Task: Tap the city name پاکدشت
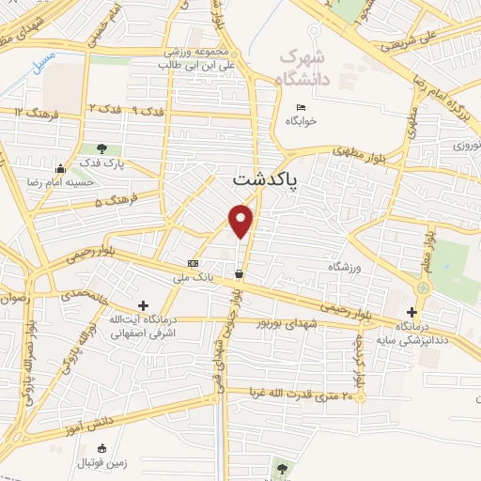(x=264, y=179)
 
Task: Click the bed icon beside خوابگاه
(x=301, y=107)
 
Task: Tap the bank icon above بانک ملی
(x=194, y=264)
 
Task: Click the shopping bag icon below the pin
(x=240, y=274)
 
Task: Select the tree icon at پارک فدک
(x=101, y=148)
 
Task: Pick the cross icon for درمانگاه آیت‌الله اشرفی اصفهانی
(x=143, y=304)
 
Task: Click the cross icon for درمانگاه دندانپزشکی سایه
(x=411, y=312)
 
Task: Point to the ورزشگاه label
(x=345, y=268)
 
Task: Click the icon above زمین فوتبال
(x=102, y=447)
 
